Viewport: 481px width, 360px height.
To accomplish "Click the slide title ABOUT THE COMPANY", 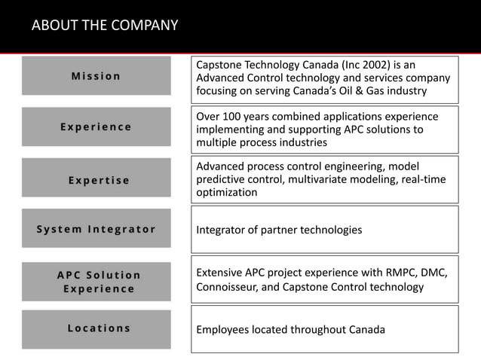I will (105, 26).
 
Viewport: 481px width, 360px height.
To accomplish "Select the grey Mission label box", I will (96, 75).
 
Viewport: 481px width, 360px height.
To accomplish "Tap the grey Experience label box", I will (96, 127).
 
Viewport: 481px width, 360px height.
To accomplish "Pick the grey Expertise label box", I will (96, 180).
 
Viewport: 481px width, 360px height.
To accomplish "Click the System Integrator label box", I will (96, 229).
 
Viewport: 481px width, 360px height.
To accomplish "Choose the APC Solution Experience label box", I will (96, 282).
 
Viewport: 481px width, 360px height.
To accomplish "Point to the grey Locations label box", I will (96, 328).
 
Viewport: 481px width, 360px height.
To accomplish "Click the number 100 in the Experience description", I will (235, 116).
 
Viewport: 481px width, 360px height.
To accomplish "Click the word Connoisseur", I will (231, 287).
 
